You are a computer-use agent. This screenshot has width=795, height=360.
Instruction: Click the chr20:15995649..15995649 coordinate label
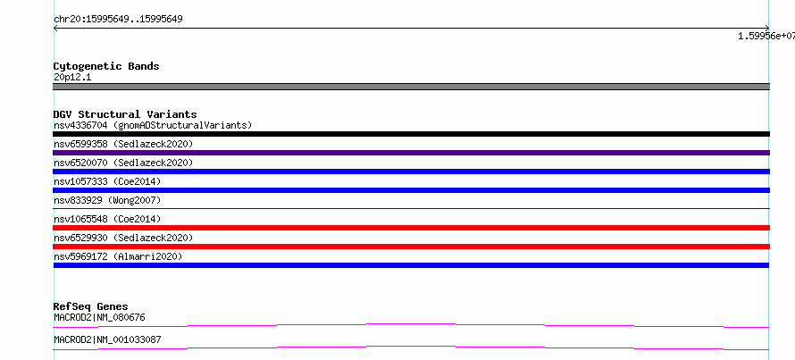118,20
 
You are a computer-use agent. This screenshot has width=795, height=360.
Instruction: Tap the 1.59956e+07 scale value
766,36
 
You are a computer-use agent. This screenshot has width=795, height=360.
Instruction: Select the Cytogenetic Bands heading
106,66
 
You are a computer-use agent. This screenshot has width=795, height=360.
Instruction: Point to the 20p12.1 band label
72,78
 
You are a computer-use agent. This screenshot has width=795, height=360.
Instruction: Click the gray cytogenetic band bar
411,87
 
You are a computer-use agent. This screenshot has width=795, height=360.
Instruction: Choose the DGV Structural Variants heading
125,114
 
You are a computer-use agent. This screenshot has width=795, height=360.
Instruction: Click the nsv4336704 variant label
80,125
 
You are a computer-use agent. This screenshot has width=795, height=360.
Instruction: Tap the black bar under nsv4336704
411,134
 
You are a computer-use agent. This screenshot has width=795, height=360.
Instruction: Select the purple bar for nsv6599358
411,153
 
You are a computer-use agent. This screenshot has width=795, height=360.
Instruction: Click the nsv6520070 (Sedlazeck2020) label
123,163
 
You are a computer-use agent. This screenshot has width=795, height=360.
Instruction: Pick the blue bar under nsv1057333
411,190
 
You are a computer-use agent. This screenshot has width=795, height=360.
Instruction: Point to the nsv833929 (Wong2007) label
107,200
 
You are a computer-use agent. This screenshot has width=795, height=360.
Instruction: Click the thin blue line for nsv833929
411,208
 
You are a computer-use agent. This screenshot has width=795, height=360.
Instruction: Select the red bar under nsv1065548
411,228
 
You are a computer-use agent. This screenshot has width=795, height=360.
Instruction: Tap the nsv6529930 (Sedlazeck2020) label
123,238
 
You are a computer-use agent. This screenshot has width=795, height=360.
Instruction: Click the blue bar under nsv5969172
411,265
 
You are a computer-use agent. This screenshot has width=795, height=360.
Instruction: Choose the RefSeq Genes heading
91,306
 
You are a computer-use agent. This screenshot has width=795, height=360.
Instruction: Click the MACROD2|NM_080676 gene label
99,318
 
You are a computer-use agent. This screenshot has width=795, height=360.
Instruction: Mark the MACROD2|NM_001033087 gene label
107,339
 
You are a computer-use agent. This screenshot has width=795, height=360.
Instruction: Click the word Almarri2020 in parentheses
147,256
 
